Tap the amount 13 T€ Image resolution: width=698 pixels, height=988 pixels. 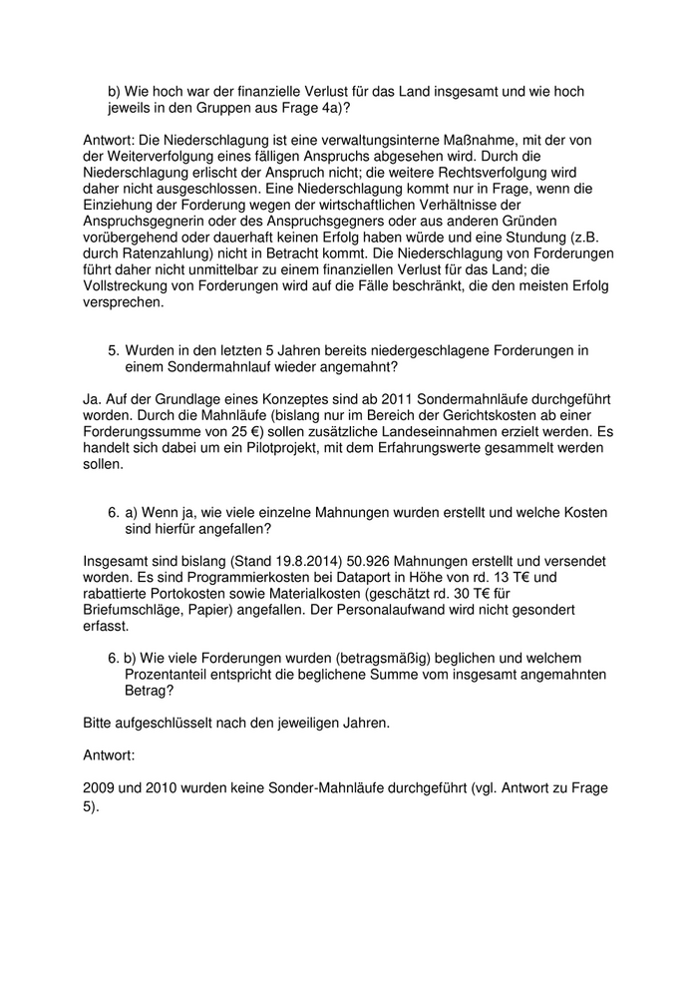click(x=525, y=580)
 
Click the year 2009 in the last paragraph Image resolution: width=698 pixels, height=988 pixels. click(x=100, y=789)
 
